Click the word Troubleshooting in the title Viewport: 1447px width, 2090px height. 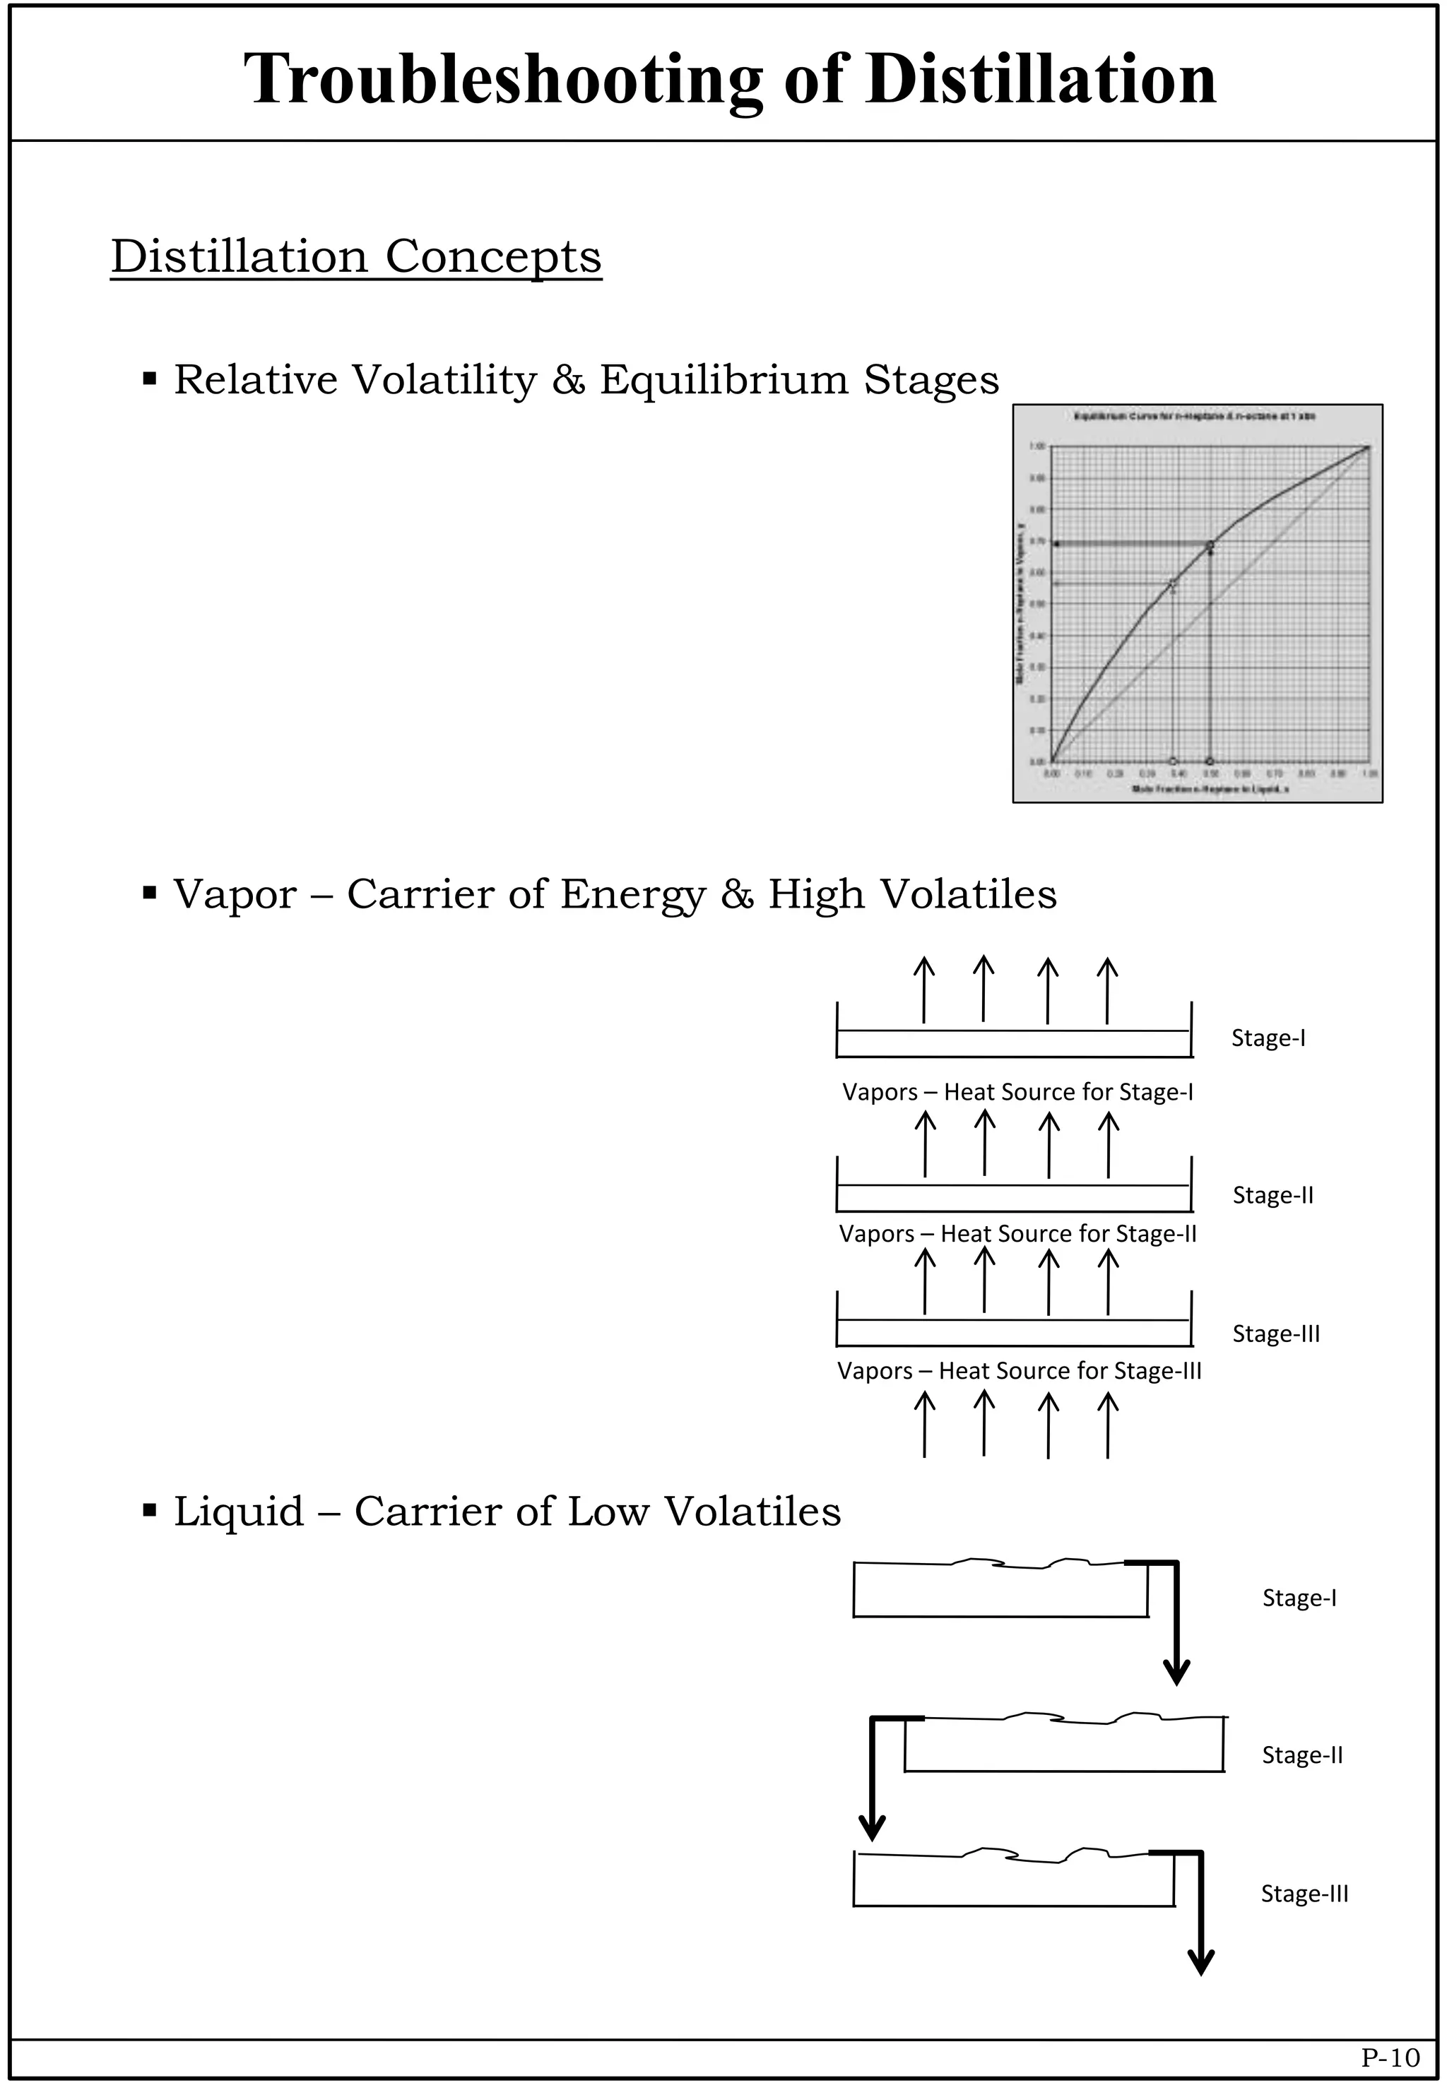click(x=503, y=80)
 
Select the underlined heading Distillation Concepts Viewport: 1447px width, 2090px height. click(x=355, y=256)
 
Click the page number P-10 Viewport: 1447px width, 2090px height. click(x=1390, y=2058)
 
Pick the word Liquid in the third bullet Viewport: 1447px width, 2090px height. click(x=238, y=1512)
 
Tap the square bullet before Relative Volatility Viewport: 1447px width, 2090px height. click(x=150, y=378)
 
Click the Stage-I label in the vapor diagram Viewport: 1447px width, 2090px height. click(x=1268, y=1038)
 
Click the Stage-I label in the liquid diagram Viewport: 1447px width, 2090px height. click(x=1299, y=1598)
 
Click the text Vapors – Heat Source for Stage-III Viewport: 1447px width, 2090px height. click(x=1018, y=1370)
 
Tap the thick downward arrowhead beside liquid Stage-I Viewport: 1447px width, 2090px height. click(x=1176, y=1670)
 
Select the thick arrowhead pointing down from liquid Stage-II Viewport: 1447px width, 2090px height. click(x=871, y=1827)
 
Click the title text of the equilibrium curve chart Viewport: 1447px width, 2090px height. click(x=1194, y=417)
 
